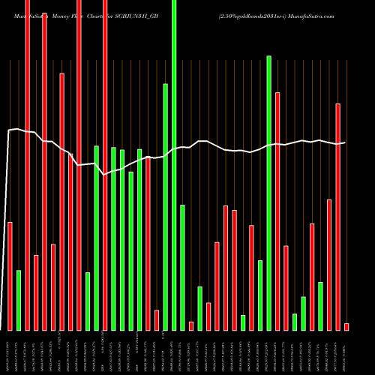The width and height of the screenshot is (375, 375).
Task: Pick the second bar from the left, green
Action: (x=19, y=300)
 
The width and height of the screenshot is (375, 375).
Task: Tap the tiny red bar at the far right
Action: (x=346, y=326)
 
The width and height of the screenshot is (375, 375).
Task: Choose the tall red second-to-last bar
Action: (x=337, y=217)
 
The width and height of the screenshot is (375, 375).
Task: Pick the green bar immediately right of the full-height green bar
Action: (x=182, y=267)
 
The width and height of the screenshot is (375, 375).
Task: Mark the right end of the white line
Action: (x=345, y=142)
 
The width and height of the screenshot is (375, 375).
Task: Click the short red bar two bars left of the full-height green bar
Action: (x=156, y=319)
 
